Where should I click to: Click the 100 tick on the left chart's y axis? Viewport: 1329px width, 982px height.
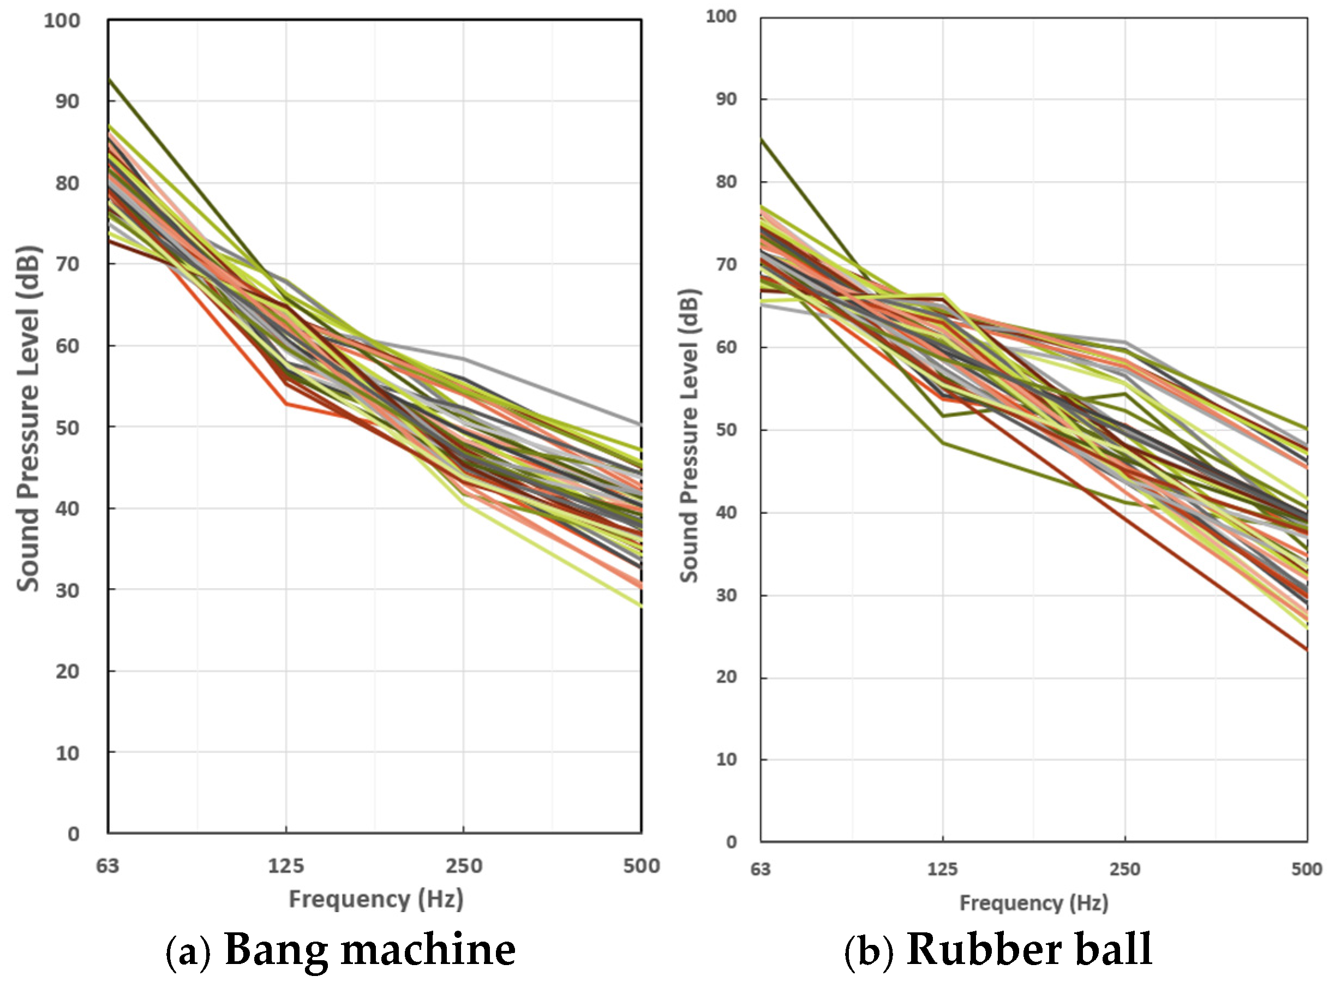pyautogui.click(x=62, y=21)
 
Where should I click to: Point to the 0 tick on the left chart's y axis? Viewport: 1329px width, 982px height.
pyautogui.click(x=73, y=835)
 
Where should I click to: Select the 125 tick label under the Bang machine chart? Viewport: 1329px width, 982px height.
pyautogui.click(x=286, y=866)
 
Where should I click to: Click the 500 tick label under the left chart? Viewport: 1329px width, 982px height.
pyautogui.click(x=642, y=866)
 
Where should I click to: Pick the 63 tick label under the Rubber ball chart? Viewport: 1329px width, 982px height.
pyautogui.click(x=760, y=870)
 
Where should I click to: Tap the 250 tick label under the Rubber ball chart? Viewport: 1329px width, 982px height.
pyautogui.click(x=1124, y=870)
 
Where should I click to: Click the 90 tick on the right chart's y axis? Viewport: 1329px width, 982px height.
pyautogui.click(x=726, y=99)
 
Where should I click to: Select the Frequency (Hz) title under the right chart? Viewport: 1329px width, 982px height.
pyautogui.click(x=1034, y=903)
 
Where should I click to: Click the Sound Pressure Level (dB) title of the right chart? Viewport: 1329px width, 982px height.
pyautogui.click(x=690, y=436)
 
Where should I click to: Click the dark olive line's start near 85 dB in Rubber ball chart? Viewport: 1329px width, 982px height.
pyautogui.click(x=762, y=139)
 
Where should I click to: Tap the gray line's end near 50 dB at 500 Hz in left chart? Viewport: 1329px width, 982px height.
pyautogui.click(x=640, y=424)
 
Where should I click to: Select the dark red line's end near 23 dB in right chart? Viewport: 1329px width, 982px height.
pyautogui.click(x=1306, y=649)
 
